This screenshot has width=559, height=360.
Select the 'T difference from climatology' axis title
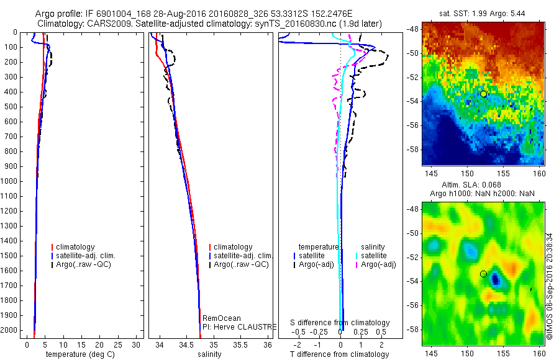pyautogui.click(x=340, y=354)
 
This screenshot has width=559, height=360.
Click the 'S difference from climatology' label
pyautogui.click(x=340, y=323)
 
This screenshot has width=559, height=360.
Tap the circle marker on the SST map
pyautogui.click(x=484, y=94)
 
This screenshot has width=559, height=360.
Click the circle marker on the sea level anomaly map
pyautogui.click(x=484, y=274)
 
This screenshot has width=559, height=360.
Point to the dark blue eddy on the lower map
pyautogui.click(x=495, y=279)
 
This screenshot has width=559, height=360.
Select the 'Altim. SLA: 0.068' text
pyautogui.click(x=483, y=185)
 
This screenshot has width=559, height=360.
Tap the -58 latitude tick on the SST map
pyautogui.click(x=412, y=149)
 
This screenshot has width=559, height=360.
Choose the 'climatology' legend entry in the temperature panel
pyautogui.click(x=73, y=246)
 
